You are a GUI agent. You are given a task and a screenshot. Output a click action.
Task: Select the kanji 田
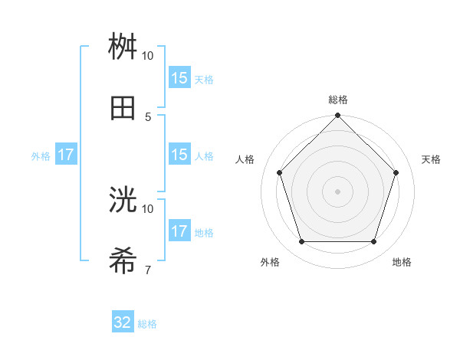(123, 108)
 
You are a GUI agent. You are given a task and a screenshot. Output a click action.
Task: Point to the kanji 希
(123, 261)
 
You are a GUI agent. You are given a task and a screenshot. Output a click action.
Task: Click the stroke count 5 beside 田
(148, 116)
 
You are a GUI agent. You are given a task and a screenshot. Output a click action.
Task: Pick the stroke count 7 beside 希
(148, 270)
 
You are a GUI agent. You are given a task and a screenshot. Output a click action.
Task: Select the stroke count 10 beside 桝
(148, 56)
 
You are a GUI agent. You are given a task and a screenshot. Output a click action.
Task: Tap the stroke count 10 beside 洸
(148, 208)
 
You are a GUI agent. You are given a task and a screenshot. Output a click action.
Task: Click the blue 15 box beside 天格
(179, 77)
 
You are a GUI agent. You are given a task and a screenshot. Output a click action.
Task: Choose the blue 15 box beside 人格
(179, 155)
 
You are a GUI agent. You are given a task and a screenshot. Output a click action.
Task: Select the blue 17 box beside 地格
(179, 231)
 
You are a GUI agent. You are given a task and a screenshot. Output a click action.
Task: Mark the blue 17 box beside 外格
(66, 155)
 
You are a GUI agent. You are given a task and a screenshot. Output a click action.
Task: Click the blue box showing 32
(123, 322)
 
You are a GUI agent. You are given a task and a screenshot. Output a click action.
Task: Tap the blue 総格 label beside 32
(147, 324)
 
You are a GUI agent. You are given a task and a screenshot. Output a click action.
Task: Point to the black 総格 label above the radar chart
(338, 100)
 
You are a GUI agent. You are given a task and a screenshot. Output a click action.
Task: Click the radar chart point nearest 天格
(396, 172)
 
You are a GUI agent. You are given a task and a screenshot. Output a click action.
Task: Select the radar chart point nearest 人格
(279, 172)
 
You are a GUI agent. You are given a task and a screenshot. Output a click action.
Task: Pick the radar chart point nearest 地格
(373, 242)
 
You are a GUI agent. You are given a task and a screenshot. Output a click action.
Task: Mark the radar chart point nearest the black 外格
(301, 242)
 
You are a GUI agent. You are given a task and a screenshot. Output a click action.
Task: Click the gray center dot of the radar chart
(337, 191)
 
